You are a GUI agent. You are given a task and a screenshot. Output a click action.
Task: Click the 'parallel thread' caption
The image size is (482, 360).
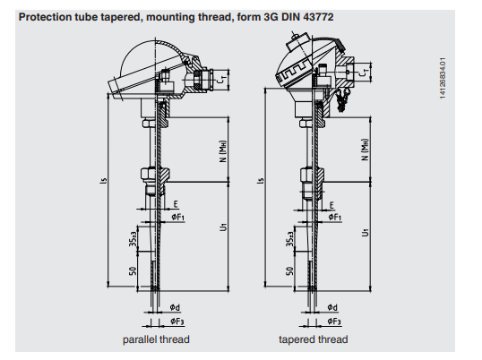[x=156, y=339]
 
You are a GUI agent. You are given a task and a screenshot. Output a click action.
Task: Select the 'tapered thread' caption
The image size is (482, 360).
[x=314, y=339]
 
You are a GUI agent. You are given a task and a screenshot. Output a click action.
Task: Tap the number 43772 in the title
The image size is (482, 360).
[x=318, y=17]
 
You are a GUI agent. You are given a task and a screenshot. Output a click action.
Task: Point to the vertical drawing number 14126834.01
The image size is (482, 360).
[x=443, y=78]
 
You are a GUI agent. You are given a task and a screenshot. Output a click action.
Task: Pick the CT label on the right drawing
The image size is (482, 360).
[x=364, y=73]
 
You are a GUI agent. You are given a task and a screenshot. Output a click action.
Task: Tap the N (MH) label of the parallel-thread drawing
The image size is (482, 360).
[x=222, y=151]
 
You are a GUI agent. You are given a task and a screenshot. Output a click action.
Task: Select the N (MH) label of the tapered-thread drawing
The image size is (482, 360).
[x=365, y=150]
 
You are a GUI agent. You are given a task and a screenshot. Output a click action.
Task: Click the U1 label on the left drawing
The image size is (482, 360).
[x=223, y=227]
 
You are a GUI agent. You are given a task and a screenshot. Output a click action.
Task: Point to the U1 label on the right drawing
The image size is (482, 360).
[x=366, y=232]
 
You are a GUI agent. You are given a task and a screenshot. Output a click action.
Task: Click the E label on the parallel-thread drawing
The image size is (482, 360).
[x=176, y=204]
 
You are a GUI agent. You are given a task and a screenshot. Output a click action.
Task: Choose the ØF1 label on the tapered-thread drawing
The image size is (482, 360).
[x=335, y=218]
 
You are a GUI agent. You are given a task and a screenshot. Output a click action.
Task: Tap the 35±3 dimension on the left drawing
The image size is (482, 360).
[x=133, y=239]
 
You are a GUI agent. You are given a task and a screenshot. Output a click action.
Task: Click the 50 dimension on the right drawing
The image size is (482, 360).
[x=289, y=271]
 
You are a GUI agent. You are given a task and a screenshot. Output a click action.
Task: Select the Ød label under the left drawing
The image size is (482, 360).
[x=175, y=307]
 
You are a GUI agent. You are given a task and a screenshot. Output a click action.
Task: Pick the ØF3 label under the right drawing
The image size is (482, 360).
[x=334, y=321]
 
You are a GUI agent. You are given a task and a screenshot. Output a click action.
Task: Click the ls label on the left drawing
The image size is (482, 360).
[x=103, y=181]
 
